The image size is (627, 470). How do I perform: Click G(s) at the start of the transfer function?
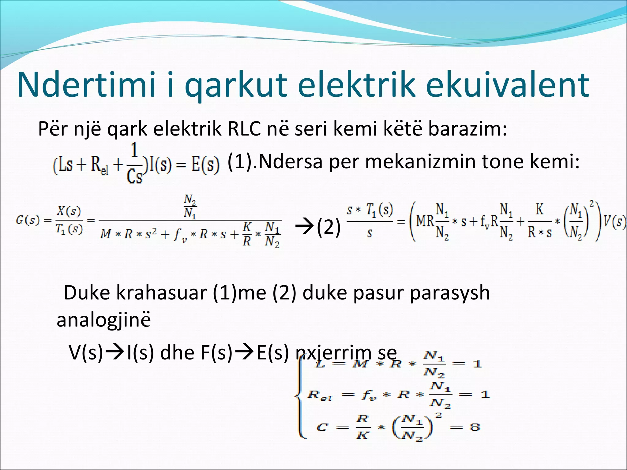pos(28,221)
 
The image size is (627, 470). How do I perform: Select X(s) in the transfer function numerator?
pos(69,211)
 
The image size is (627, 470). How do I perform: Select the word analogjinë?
pos(104,320)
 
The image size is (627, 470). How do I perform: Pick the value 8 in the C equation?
pos(475,427)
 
